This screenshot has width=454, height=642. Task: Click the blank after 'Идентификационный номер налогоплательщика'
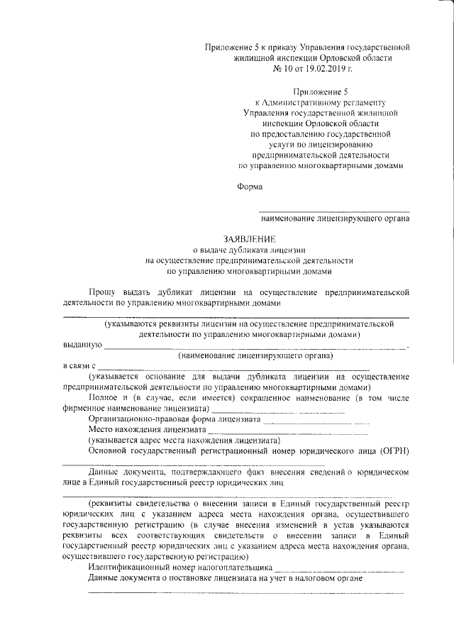(338, 569)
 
